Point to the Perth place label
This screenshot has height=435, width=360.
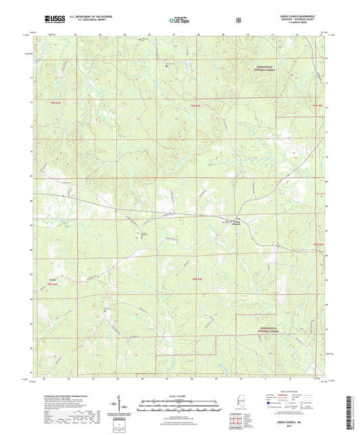pos(52,278)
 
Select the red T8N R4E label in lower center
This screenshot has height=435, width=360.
pos(197,279)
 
